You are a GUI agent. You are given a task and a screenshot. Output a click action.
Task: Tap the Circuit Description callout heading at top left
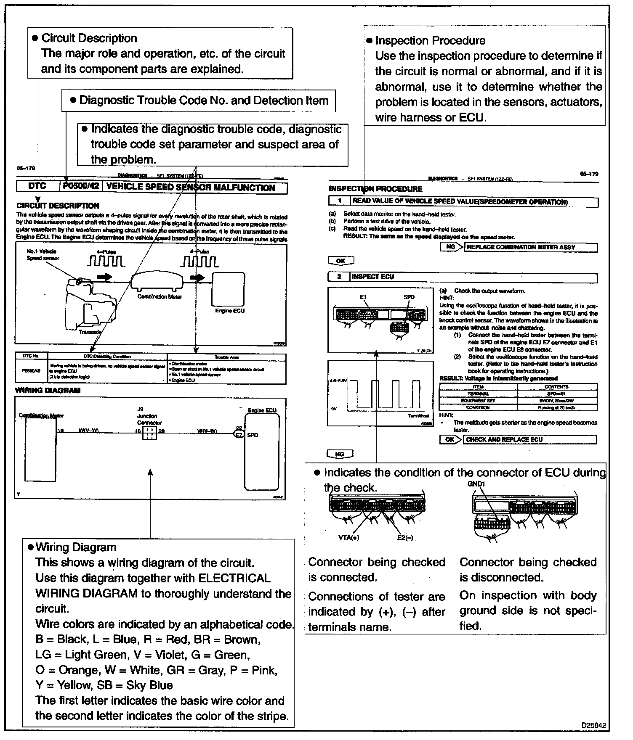point(89,38)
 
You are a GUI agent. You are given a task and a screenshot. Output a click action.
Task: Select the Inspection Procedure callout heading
point(430,41)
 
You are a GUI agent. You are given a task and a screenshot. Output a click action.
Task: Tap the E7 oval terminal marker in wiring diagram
point(239,435)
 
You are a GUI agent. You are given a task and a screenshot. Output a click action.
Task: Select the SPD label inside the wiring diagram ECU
point(253,435)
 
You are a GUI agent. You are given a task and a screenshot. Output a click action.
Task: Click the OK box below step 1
point(340,261)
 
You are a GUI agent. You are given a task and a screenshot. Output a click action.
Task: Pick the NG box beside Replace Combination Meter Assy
point(451,247)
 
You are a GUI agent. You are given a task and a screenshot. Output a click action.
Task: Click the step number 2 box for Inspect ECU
point(339,277)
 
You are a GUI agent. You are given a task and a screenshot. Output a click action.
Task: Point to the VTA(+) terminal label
point(348,537)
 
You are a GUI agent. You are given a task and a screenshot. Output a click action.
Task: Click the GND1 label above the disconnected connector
point(476,484)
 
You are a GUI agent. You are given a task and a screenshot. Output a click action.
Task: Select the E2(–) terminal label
point(405,537)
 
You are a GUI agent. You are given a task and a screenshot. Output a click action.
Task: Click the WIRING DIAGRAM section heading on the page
point(48,390)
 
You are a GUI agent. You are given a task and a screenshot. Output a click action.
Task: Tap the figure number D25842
point(594,725)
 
